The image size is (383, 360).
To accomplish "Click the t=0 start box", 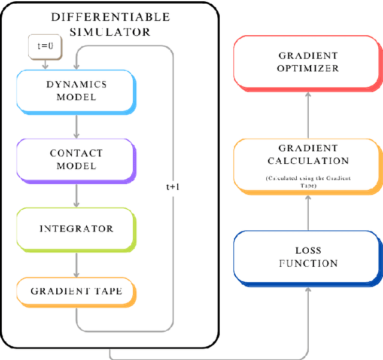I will point(45,46).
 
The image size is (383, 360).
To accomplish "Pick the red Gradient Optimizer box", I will point(307,62).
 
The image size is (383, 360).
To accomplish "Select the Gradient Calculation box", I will point(307,164).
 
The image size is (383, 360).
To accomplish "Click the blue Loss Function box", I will point(307,257).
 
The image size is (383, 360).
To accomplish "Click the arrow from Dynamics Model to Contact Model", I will point(76,126).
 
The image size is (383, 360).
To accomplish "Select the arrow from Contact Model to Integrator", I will point(76,194).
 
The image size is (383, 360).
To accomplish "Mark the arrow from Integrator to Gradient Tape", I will point(76,263).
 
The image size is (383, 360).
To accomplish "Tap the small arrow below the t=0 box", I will point(45,63).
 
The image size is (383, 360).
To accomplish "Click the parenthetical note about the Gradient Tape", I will point(307,182).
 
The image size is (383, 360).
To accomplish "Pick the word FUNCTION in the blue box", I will point(308,263).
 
